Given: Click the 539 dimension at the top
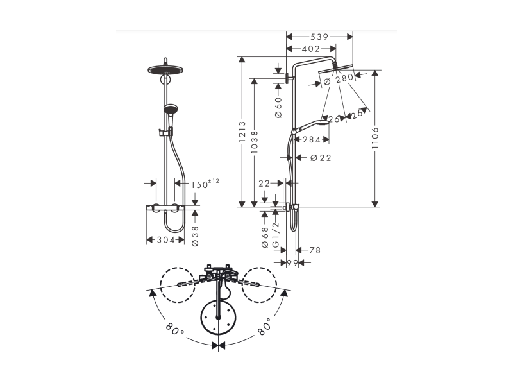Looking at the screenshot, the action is (319, 37).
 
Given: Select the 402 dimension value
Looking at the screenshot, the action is (311, 49).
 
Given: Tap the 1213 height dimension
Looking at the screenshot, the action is (242, 132).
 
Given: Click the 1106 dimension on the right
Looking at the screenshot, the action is (375, 138).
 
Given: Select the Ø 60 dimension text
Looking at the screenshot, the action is (278, 107).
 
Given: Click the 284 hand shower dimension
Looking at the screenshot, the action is (312, 140).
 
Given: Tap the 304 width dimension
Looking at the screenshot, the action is (165, 240).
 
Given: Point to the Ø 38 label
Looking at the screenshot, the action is (195, 236).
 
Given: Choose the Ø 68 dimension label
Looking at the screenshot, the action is (265, 237).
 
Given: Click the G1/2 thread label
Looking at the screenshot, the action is (276, 235).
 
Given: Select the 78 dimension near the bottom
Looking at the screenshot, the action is (315, 250).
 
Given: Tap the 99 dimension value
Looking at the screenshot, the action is (293, 262).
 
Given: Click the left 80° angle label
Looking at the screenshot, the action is (174, 329).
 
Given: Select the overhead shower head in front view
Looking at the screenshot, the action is (165, 69).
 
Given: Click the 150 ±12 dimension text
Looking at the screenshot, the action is (205, 184).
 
